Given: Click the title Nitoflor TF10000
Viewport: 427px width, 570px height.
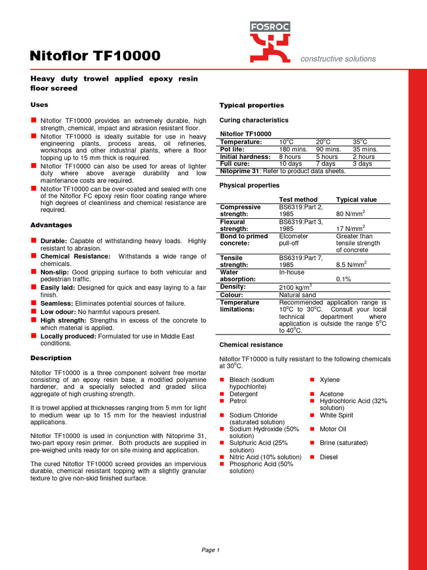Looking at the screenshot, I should [x=95, y=56].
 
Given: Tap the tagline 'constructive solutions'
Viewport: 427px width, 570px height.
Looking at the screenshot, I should [x=337, y=58].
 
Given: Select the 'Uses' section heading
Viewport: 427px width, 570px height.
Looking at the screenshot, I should [x=39, y=105].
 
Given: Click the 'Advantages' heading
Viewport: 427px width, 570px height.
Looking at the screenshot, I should [x=51, y=225].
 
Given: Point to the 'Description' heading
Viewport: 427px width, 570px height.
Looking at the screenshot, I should [x=51, y=358].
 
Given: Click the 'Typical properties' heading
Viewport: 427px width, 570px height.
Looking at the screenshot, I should [x=251, y=105].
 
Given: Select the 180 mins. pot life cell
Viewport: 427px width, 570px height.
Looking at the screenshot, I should [x=293, y=149].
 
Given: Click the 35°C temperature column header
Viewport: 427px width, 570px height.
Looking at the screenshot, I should [x=360, y=142].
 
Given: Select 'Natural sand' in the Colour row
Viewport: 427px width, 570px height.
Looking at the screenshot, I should [x=297, y=295].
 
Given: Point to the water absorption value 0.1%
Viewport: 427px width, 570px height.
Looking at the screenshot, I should [x=344, y=279].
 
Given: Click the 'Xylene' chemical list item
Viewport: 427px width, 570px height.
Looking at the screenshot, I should [x=330, y=380].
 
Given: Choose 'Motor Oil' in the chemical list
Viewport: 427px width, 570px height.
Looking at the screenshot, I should [x=332, y=429].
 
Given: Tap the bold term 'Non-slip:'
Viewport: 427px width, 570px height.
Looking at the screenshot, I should [x=56, y=272].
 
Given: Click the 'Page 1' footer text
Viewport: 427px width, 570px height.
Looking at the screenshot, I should [x=211, y=550].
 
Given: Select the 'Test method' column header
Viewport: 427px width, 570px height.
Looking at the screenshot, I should [x=298, y=199].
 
